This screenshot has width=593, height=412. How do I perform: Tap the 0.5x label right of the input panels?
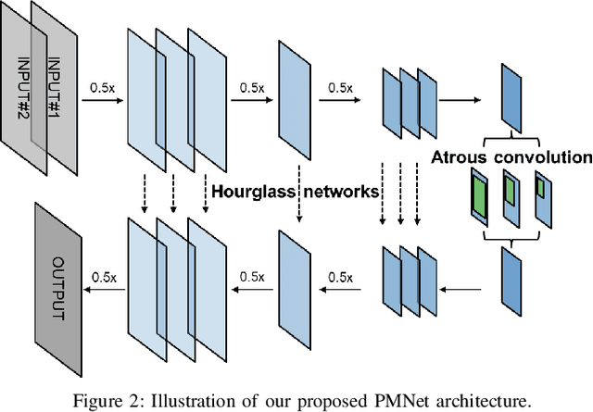pos(102,87)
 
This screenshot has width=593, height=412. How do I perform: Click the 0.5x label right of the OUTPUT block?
pos(103,276)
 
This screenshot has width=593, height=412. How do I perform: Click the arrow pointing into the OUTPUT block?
pos(103,290)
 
